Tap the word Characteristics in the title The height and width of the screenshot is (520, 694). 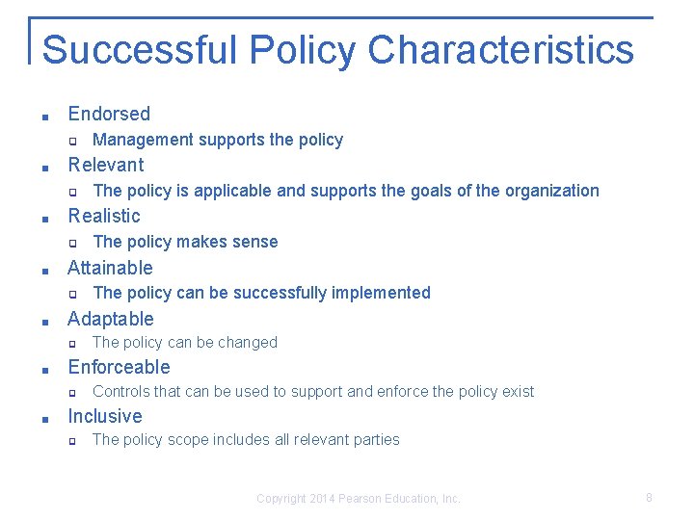pos(500,49)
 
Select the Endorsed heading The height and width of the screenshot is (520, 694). pos(109,114)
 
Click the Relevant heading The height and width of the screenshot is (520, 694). pos(105,165)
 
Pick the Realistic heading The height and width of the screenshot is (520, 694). pos(104,216)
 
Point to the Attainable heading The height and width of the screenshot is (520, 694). pos(110,268)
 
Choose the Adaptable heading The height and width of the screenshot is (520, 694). pos(110,319)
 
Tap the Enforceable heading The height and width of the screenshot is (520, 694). pos(119,367)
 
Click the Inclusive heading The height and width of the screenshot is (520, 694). pos(104,416)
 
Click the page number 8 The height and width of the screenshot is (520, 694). pos(650,498)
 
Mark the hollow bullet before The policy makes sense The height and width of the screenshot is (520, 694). pos(70,244)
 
